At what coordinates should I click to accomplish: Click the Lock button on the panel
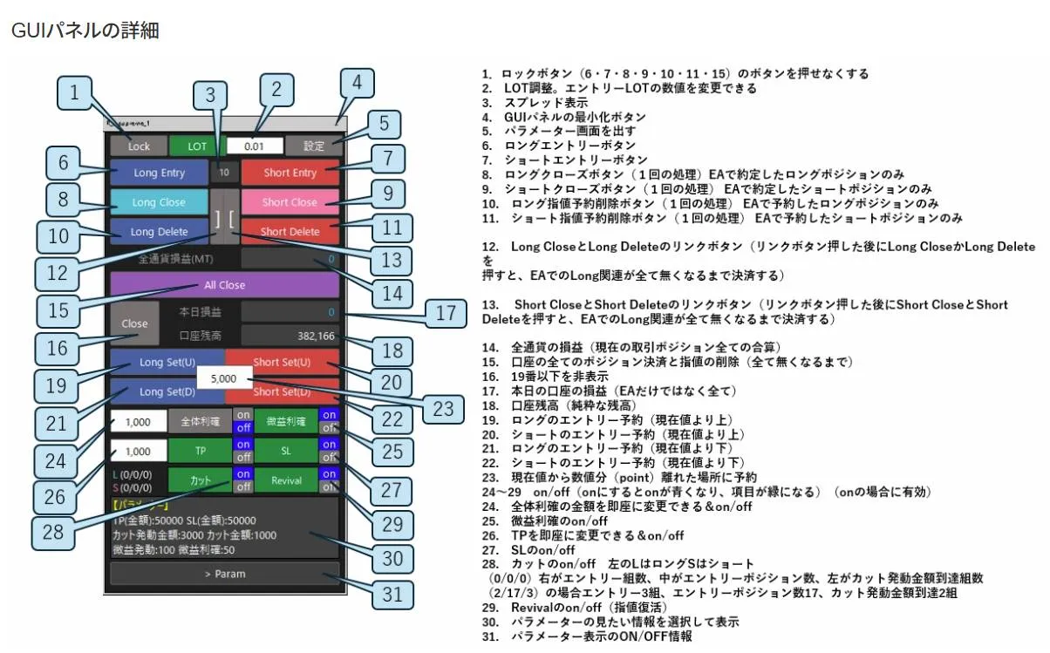click(x=139, y=146)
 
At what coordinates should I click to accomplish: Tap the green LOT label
click(x=198, y=146)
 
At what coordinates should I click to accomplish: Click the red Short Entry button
click(x=290, y=173)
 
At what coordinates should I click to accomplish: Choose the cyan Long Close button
click(x=159, y=202)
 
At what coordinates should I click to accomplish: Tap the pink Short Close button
click(x=290, y=202)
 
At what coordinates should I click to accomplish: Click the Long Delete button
click(x=159, y=232)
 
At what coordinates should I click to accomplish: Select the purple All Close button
click(x=224, y=284)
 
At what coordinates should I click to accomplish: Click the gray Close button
click(x=134, y=323)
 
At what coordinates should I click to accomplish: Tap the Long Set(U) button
click(x=167, y=362)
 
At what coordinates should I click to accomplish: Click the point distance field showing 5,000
click(x=224, y=379)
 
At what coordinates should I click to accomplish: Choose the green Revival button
click(x=286, y=480)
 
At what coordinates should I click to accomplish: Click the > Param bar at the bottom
click(x=224, y=574)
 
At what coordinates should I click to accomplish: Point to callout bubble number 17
click(x=446, y=313)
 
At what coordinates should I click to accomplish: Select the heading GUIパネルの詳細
click(x=85, y=31)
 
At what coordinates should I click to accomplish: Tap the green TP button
click(x=200, y=450)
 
